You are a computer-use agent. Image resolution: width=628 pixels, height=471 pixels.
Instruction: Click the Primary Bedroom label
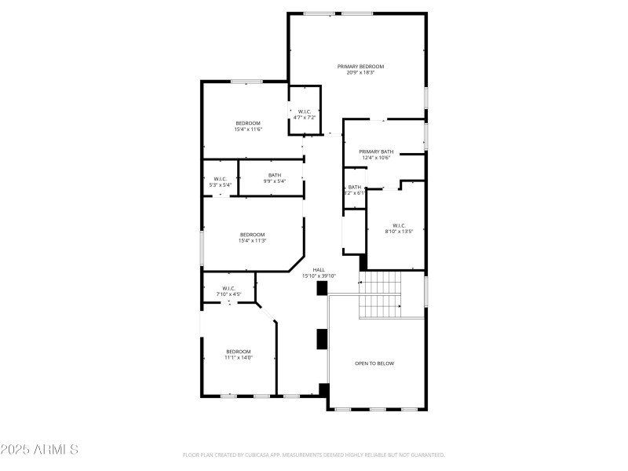click(360, 67)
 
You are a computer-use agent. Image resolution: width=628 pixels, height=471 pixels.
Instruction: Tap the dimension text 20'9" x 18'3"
click(360, 73)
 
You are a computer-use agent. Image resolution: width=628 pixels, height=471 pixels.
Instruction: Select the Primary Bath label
click(376, 152)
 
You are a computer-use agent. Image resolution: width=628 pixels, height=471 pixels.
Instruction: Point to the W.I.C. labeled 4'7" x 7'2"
click(305, 112)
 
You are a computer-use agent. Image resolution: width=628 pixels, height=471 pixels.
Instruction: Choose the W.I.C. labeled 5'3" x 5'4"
click(221, 179)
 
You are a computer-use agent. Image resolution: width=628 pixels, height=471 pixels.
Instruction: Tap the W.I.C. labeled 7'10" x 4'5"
click(228, 288)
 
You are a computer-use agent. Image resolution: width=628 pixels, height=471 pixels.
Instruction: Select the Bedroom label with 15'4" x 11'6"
click(248, 123)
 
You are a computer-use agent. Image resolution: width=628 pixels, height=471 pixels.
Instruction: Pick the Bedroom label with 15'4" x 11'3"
click(252, 235)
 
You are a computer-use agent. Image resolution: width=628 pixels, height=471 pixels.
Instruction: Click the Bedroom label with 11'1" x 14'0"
click(239, 351)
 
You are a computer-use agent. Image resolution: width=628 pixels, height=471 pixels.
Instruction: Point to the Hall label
click(319, 269)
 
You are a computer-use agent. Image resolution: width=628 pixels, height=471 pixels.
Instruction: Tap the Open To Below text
click(374, 363)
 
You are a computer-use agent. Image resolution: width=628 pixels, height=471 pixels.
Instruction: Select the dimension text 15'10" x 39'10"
click(319, 276)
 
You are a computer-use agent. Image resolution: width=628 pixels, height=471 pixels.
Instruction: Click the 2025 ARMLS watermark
click(39, 450)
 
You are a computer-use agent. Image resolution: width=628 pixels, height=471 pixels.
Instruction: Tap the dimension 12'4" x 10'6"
click(376, 158)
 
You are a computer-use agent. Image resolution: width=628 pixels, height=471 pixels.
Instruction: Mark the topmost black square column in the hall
click(322, 288)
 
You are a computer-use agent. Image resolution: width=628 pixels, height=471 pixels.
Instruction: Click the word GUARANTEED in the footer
click(426, 455)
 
